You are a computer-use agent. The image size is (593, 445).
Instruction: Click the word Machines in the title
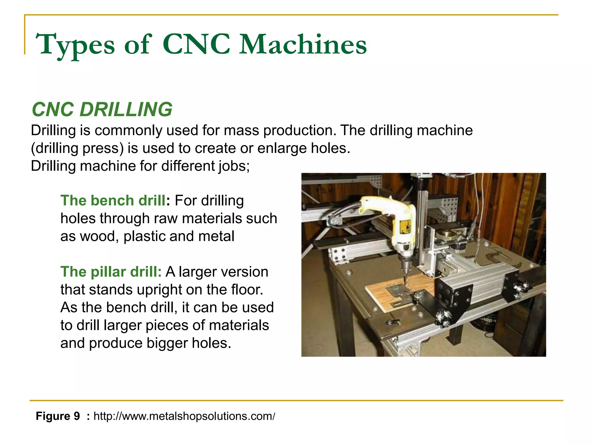pos(303,45)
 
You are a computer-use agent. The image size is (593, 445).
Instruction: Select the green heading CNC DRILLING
pos(102,110)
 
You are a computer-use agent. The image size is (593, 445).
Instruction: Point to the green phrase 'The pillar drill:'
pos(111,272)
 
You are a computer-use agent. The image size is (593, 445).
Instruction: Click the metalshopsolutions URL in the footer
pos(184,416)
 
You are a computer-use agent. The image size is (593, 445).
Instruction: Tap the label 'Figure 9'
pos(58,416)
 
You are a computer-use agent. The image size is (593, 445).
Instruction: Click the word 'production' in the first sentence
pos(299,130)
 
